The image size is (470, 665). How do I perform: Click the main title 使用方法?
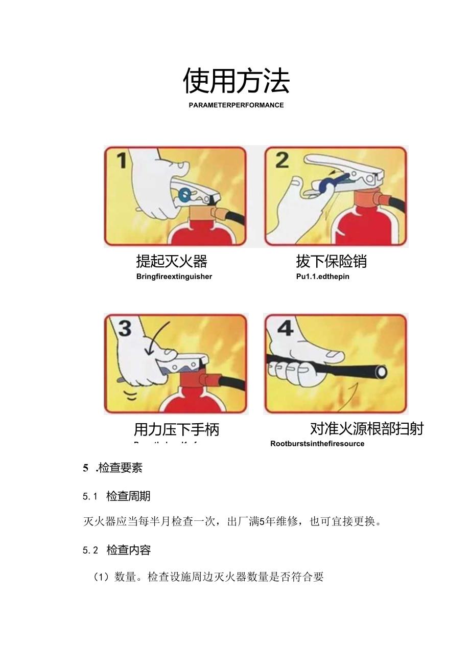point(236,81)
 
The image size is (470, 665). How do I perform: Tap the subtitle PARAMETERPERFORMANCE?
point(236,105)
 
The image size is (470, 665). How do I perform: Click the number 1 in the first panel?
point(121,161)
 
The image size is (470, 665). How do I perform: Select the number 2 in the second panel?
point(281,160)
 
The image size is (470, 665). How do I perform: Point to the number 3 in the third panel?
point(124,328)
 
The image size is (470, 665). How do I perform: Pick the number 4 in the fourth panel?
point(285,328)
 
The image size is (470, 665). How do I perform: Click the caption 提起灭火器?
point(171,261)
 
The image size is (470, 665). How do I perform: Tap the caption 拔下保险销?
point(331,261)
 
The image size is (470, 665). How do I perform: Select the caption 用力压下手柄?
point(176,429)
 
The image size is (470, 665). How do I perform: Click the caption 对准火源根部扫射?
point(366,428)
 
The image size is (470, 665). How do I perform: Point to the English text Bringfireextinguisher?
point(174,277)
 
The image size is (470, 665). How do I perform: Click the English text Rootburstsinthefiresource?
point(317,444)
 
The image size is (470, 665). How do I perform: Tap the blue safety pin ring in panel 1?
point(185,194)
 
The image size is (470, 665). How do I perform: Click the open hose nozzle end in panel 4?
point(381,372)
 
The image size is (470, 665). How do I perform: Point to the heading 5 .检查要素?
point(113,468)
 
